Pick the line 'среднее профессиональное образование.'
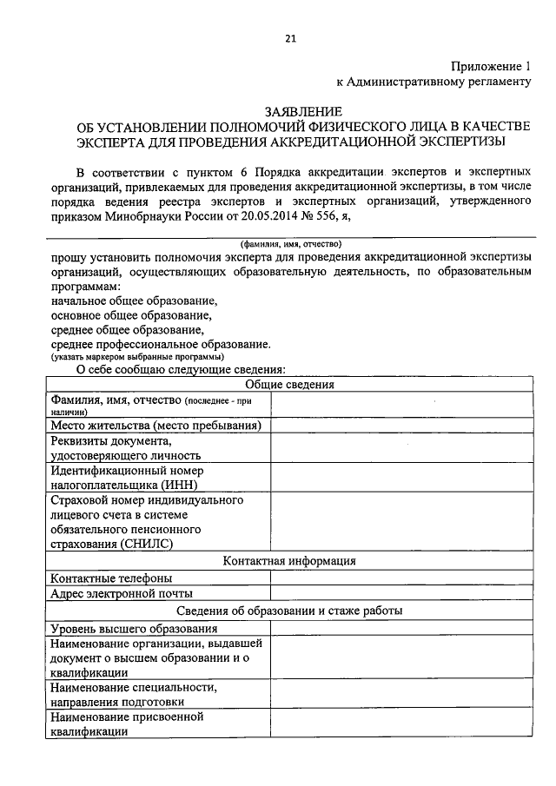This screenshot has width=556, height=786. click(x=160, y=344)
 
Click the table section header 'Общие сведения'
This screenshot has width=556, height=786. click(x=289, y=385)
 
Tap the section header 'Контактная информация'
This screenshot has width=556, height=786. click(x=289, y=561)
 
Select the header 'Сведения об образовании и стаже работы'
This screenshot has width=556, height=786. click(x=289, y=611)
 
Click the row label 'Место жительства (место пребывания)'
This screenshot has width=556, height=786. click(x=156, y=426)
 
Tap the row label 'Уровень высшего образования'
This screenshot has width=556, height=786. click(x=133, y=628)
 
